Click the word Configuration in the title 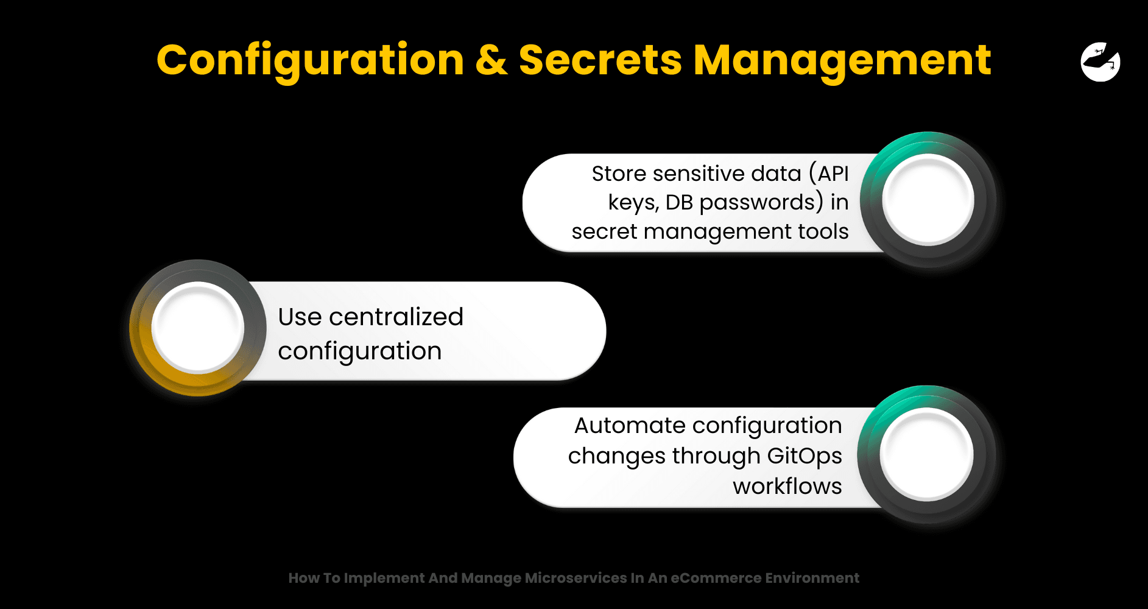pos(311,62)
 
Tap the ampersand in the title pos(491,60)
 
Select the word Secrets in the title pos(600,60)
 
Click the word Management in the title pos(842,62)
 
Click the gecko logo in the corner pos(1100,62)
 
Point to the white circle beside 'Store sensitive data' pos(928,199)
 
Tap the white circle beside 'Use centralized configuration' pos(198,328)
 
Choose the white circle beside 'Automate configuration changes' pos(926,454)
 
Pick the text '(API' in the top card pos(829,174)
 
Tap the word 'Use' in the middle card pos(300,317)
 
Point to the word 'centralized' pos(396,317)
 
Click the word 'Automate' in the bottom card pos(627,425)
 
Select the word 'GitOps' pos(805,456)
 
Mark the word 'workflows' pos(787,486)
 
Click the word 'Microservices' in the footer pos(576,578)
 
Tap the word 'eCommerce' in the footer pos(716,578)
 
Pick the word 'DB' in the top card pos(679,202)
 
